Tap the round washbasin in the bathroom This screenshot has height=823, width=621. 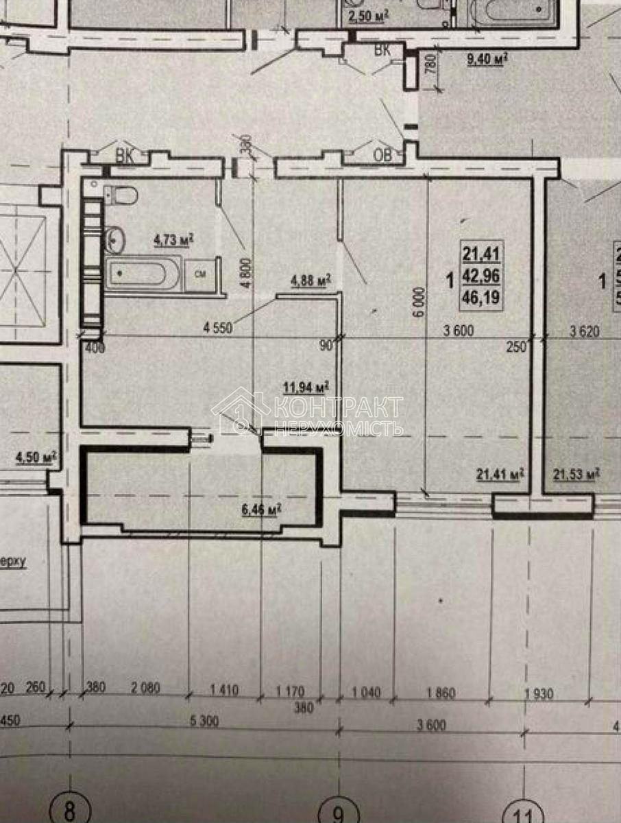[x=115, y=240]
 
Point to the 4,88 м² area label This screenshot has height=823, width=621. [x=310, y=280]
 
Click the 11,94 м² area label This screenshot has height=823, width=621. [x=305, y=387]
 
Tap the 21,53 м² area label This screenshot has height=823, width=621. [x=576, y=473]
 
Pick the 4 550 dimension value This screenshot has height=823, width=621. [x=218, y=327]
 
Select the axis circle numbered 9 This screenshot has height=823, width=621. [x=339, y=813]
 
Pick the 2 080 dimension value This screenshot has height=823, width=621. [x=144, y=691]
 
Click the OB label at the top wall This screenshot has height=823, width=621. [x=382, y=156]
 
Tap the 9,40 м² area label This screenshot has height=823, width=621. [x=486, y=60]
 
